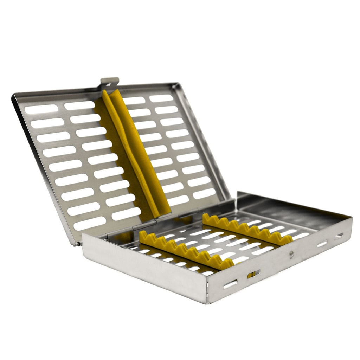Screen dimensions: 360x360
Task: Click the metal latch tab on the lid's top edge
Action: pos(109,82)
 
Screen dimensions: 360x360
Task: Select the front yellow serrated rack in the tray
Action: pos(186,249)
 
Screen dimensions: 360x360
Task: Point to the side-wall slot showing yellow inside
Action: pos(253,274)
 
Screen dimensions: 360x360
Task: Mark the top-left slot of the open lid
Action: pos(41,109)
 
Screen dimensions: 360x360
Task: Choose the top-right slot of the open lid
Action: pos(161,98)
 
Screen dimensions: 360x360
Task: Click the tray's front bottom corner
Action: pos(208,302)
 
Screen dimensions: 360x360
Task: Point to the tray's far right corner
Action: pos(352,218)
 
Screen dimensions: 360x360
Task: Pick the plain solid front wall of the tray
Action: pos(144,267)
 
